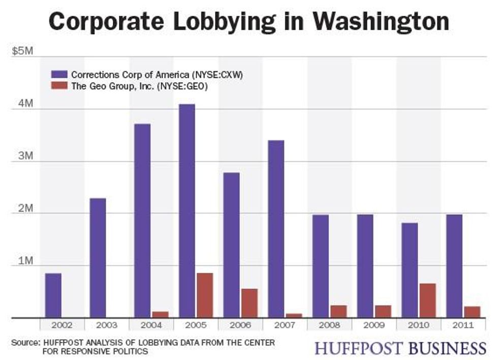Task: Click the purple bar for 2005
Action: point(186,211)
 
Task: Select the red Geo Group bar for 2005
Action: point(205,295)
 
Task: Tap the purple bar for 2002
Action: point(53,295)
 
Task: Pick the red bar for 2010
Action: point(427,300)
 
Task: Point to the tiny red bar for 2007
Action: point(294,315)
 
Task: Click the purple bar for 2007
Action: point(276,228)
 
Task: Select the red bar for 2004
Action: point(161,314)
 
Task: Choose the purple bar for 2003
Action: point(98,257)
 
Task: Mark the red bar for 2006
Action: point(249,303)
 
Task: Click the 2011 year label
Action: point(463,324)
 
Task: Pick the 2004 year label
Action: point(151,324)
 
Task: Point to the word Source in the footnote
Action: point(25,343)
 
